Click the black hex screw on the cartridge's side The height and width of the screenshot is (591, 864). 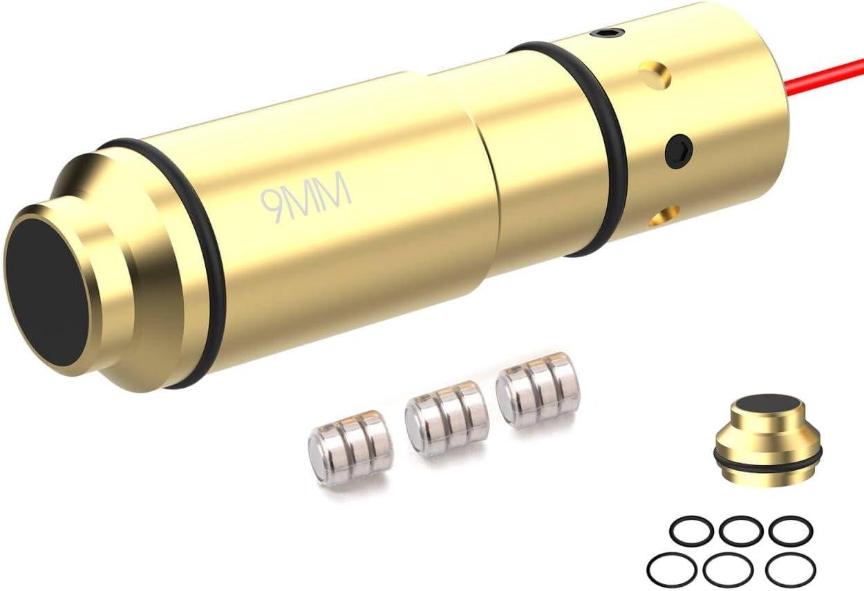(x=679, y=151)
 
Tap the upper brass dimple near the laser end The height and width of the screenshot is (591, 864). (x=655, y=75)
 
